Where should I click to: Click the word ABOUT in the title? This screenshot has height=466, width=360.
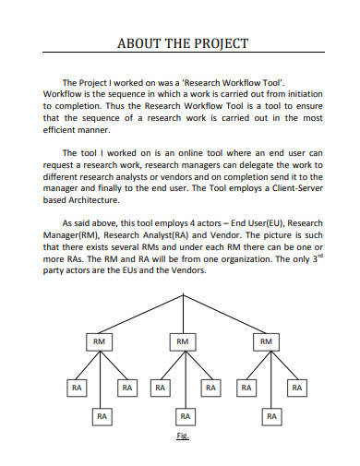coord(137,43)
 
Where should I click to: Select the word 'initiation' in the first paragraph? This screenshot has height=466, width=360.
coord(294,93)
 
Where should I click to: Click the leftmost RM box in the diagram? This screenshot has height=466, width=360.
coord(98,341)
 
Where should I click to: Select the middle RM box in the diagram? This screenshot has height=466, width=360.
coord(184,341)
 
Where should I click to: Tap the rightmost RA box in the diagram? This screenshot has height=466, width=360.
coord(296,388)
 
